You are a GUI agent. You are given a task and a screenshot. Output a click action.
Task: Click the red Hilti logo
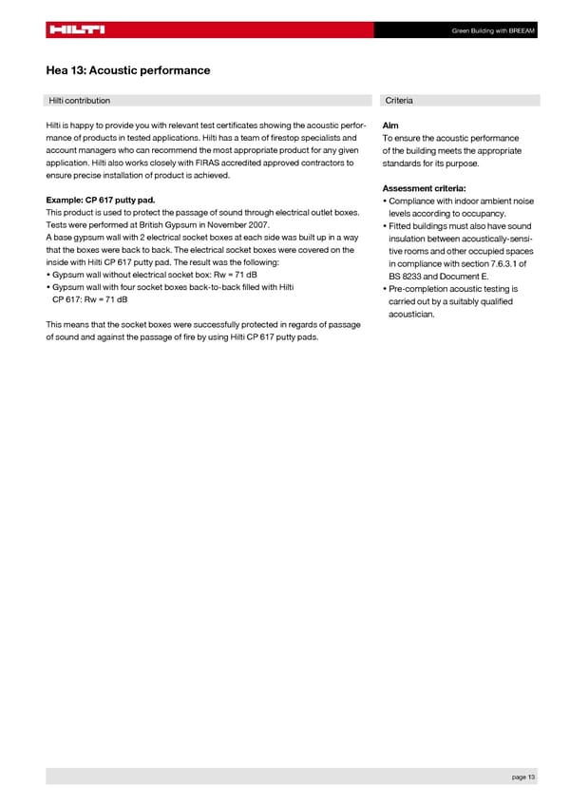click(x=76, y=29)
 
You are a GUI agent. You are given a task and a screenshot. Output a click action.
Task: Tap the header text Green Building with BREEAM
click(x=494, y=29)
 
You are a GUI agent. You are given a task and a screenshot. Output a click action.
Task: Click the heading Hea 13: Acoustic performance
click(x=128, y=70)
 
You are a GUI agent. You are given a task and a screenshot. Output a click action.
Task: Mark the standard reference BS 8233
click(x=406, y=277)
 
